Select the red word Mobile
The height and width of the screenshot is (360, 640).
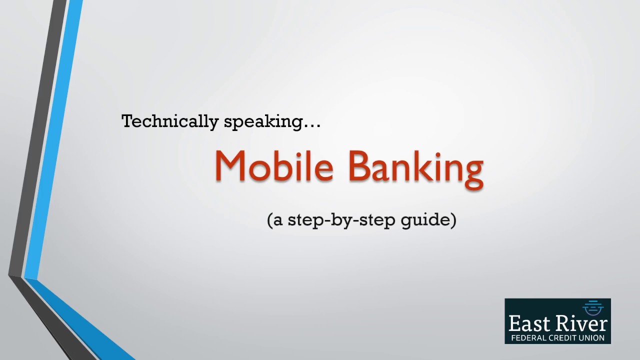pos(274,166)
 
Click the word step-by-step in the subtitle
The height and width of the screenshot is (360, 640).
pos(342,220)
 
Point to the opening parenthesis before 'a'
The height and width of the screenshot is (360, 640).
pos(270,220)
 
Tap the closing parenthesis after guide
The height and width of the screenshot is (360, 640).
pos(453,220)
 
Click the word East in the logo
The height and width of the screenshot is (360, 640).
pos(529,323)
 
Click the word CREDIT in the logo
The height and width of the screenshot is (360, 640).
pos(563,338)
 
